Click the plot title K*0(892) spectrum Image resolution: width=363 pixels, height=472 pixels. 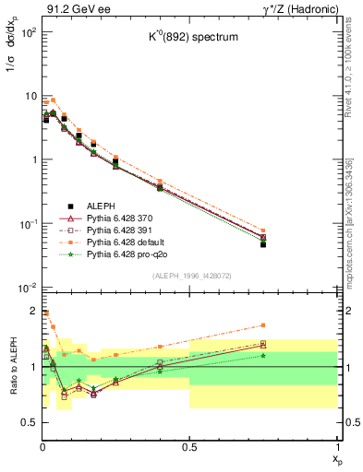tap(189, 64)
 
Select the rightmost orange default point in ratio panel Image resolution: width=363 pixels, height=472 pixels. tap(263, 324)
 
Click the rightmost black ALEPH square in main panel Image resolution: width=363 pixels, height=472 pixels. tap(263, 244)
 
